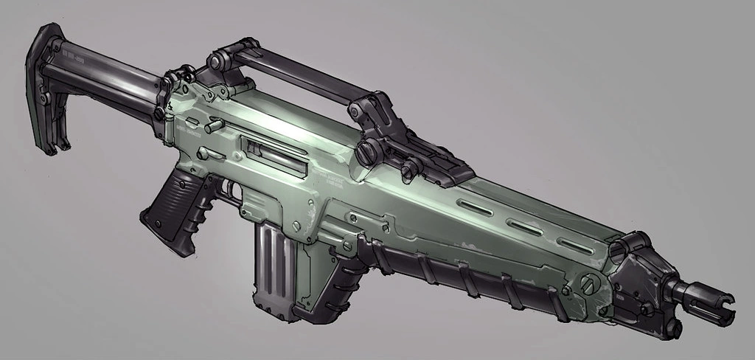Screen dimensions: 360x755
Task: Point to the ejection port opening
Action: point(274,156)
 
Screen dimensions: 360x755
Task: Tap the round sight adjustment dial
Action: point(366,153)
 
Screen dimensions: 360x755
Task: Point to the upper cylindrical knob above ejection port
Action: point(215,126)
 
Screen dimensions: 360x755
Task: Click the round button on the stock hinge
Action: point(157,112)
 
